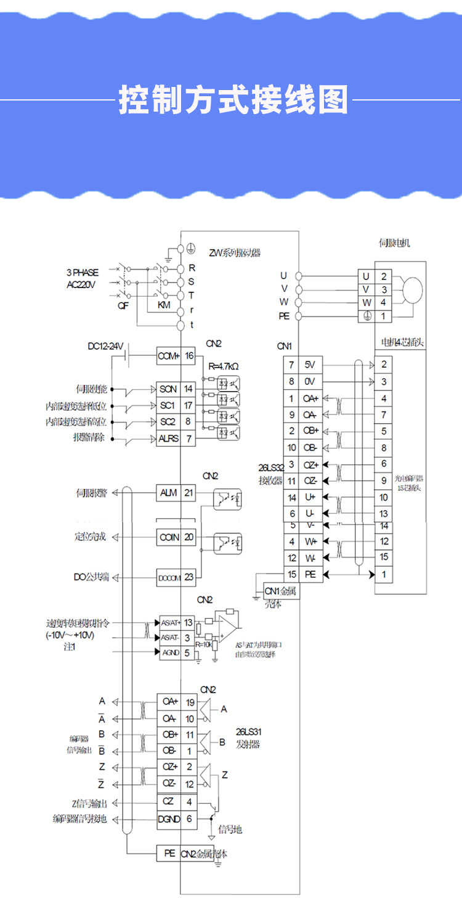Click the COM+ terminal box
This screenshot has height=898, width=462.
click(x=168, y=356)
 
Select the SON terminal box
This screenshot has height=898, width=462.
click(x=168, y=389)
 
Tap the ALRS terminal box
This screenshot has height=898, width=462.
click(x=168, y=439)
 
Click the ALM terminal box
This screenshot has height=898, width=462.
click(x=168, y=493)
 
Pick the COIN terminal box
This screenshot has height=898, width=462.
click(x=169, y=537)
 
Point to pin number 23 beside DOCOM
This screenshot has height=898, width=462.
click(x=189, y=577)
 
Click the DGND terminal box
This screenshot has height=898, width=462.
click(x=169, y=818)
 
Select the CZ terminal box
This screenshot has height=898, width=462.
click(x=169, y=802)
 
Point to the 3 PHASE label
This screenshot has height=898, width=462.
click(x=82, y=272)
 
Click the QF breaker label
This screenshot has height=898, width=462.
click(x=123, y=305)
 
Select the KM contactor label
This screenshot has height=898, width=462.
click(x=163, y=305)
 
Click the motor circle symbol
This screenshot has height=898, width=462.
click(x=413, y=289)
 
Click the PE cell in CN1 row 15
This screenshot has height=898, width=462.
click(x=310, y=574)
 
